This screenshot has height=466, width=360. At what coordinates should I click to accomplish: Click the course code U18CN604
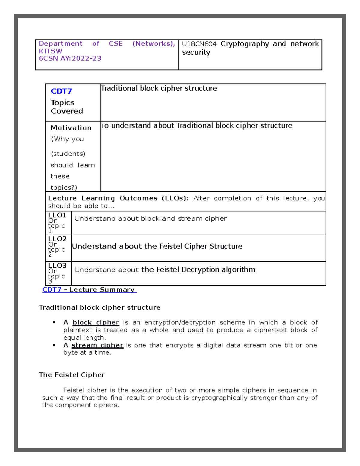199,44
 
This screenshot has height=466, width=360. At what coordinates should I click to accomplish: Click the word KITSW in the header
51,51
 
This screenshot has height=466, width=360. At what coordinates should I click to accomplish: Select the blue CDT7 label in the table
61,91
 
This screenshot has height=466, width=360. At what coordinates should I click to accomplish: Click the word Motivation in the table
71,128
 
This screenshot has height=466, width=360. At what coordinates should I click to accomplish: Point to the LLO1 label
57,215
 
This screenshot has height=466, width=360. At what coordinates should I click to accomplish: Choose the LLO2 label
57,239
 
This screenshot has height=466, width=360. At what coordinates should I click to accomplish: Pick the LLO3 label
57,266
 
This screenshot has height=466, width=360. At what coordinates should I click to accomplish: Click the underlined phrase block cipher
96,323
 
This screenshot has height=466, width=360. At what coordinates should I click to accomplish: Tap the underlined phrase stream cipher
97,345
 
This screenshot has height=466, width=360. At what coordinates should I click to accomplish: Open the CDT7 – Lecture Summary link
89,290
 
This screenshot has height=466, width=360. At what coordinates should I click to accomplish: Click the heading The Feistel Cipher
72,375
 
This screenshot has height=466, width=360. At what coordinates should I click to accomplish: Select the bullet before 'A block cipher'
54,323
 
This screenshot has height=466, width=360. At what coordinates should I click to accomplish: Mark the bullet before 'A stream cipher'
54,345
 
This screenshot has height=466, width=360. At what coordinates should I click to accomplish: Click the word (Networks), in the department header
154,44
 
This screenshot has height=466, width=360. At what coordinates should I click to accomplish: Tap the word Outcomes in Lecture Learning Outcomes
138,198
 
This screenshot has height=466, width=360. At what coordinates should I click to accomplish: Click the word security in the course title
196,53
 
